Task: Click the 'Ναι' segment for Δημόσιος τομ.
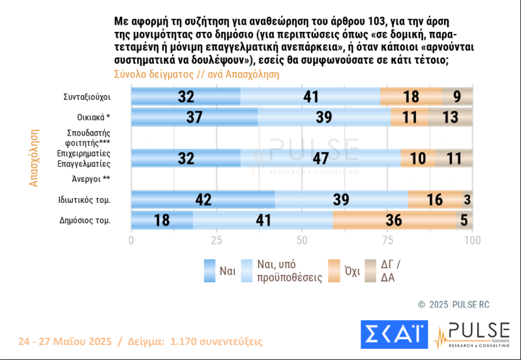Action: [x=162, y=220]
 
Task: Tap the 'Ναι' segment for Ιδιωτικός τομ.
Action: [x=203, y=200]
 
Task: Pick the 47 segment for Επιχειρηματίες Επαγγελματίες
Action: [x=320, y=158]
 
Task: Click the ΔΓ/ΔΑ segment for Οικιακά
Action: [x=451, y=117]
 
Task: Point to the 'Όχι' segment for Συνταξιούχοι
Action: [x=411, y=97]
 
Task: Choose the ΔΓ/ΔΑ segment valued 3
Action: [x=468, y=200]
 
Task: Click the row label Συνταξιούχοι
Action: [x=87, y=97]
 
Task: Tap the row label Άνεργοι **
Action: [x=91, y=179]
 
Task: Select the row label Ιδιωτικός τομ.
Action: [x=84, y=200]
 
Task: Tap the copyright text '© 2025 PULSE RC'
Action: [x=454, y=304]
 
